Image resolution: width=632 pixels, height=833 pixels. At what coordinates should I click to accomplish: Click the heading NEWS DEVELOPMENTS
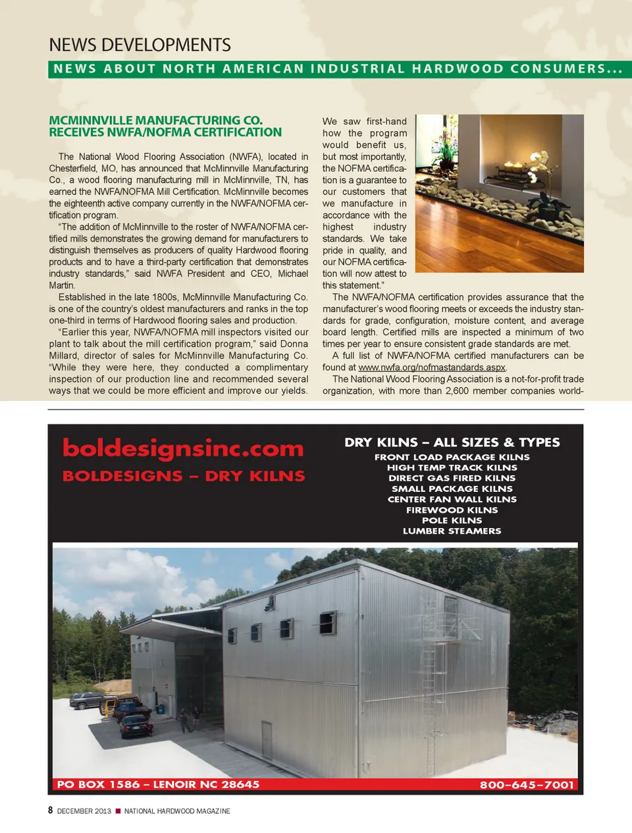[x=140, y=45]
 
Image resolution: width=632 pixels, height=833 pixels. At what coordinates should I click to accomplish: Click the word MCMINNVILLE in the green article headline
[x=91, y=121]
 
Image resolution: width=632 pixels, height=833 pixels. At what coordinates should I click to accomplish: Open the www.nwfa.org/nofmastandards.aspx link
[x=432, y=367]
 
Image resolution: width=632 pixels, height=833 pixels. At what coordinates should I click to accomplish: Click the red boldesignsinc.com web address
[x=183, y=448]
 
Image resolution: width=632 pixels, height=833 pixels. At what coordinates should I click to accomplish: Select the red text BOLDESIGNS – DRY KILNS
[x=184, y=476]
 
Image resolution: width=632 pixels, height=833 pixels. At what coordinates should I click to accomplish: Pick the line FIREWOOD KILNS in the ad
[x=452, y=510]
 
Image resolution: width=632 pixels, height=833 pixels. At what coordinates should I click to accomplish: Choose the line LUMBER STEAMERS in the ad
[x=452, y=531]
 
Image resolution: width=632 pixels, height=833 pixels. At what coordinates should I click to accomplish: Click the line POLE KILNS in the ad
[x=452, y=521]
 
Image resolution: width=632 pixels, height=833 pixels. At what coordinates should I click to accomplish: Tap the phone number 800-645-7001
[x=527, y=785]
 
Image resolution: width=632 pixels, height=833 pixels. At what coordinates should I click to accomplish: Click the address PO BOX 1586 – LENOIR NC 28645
[x=158, y=784]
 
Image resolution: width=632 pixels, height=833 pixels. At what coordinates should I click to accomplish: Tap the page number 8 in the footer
[x=50, y=810]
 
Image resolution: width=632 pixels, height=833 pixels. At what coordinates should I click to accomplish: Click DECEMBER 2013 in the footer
[x=84, y=811]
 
